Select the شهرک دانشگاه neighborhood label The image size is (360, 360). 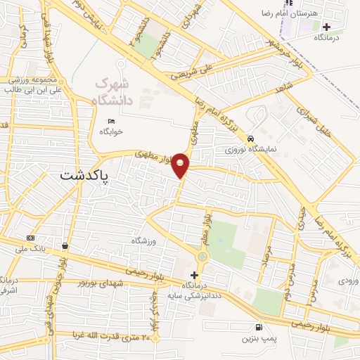tap(114, 91)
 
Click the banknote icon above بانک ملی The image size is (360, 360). tap(30, 238)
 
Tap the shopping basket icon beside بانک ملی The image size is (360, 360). tap(65, 246)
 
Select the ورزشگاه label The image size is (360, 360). tap(142, 240)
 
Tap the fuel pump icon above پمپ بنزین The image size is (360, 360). tap(259, 328)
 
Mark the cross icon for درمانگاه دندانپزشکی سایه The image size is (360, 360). tap(194, 274)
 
